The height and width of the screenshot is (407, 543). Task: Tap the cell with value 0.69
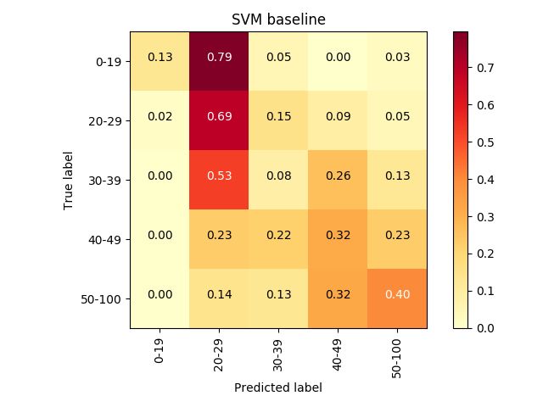coord(219,120)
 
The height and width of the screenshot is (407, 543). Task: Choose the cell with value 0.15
coord(278,120)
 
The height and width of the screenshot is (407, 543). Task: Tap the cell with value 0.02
coord(160,120)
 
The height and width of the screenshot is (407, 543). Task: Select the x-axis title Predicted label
coord(278,387)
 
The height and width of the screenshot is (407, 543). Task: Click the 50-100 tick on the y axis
coord(105,298)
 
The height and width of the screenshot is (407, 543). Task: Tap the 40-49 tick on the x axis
coord(338,350)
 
